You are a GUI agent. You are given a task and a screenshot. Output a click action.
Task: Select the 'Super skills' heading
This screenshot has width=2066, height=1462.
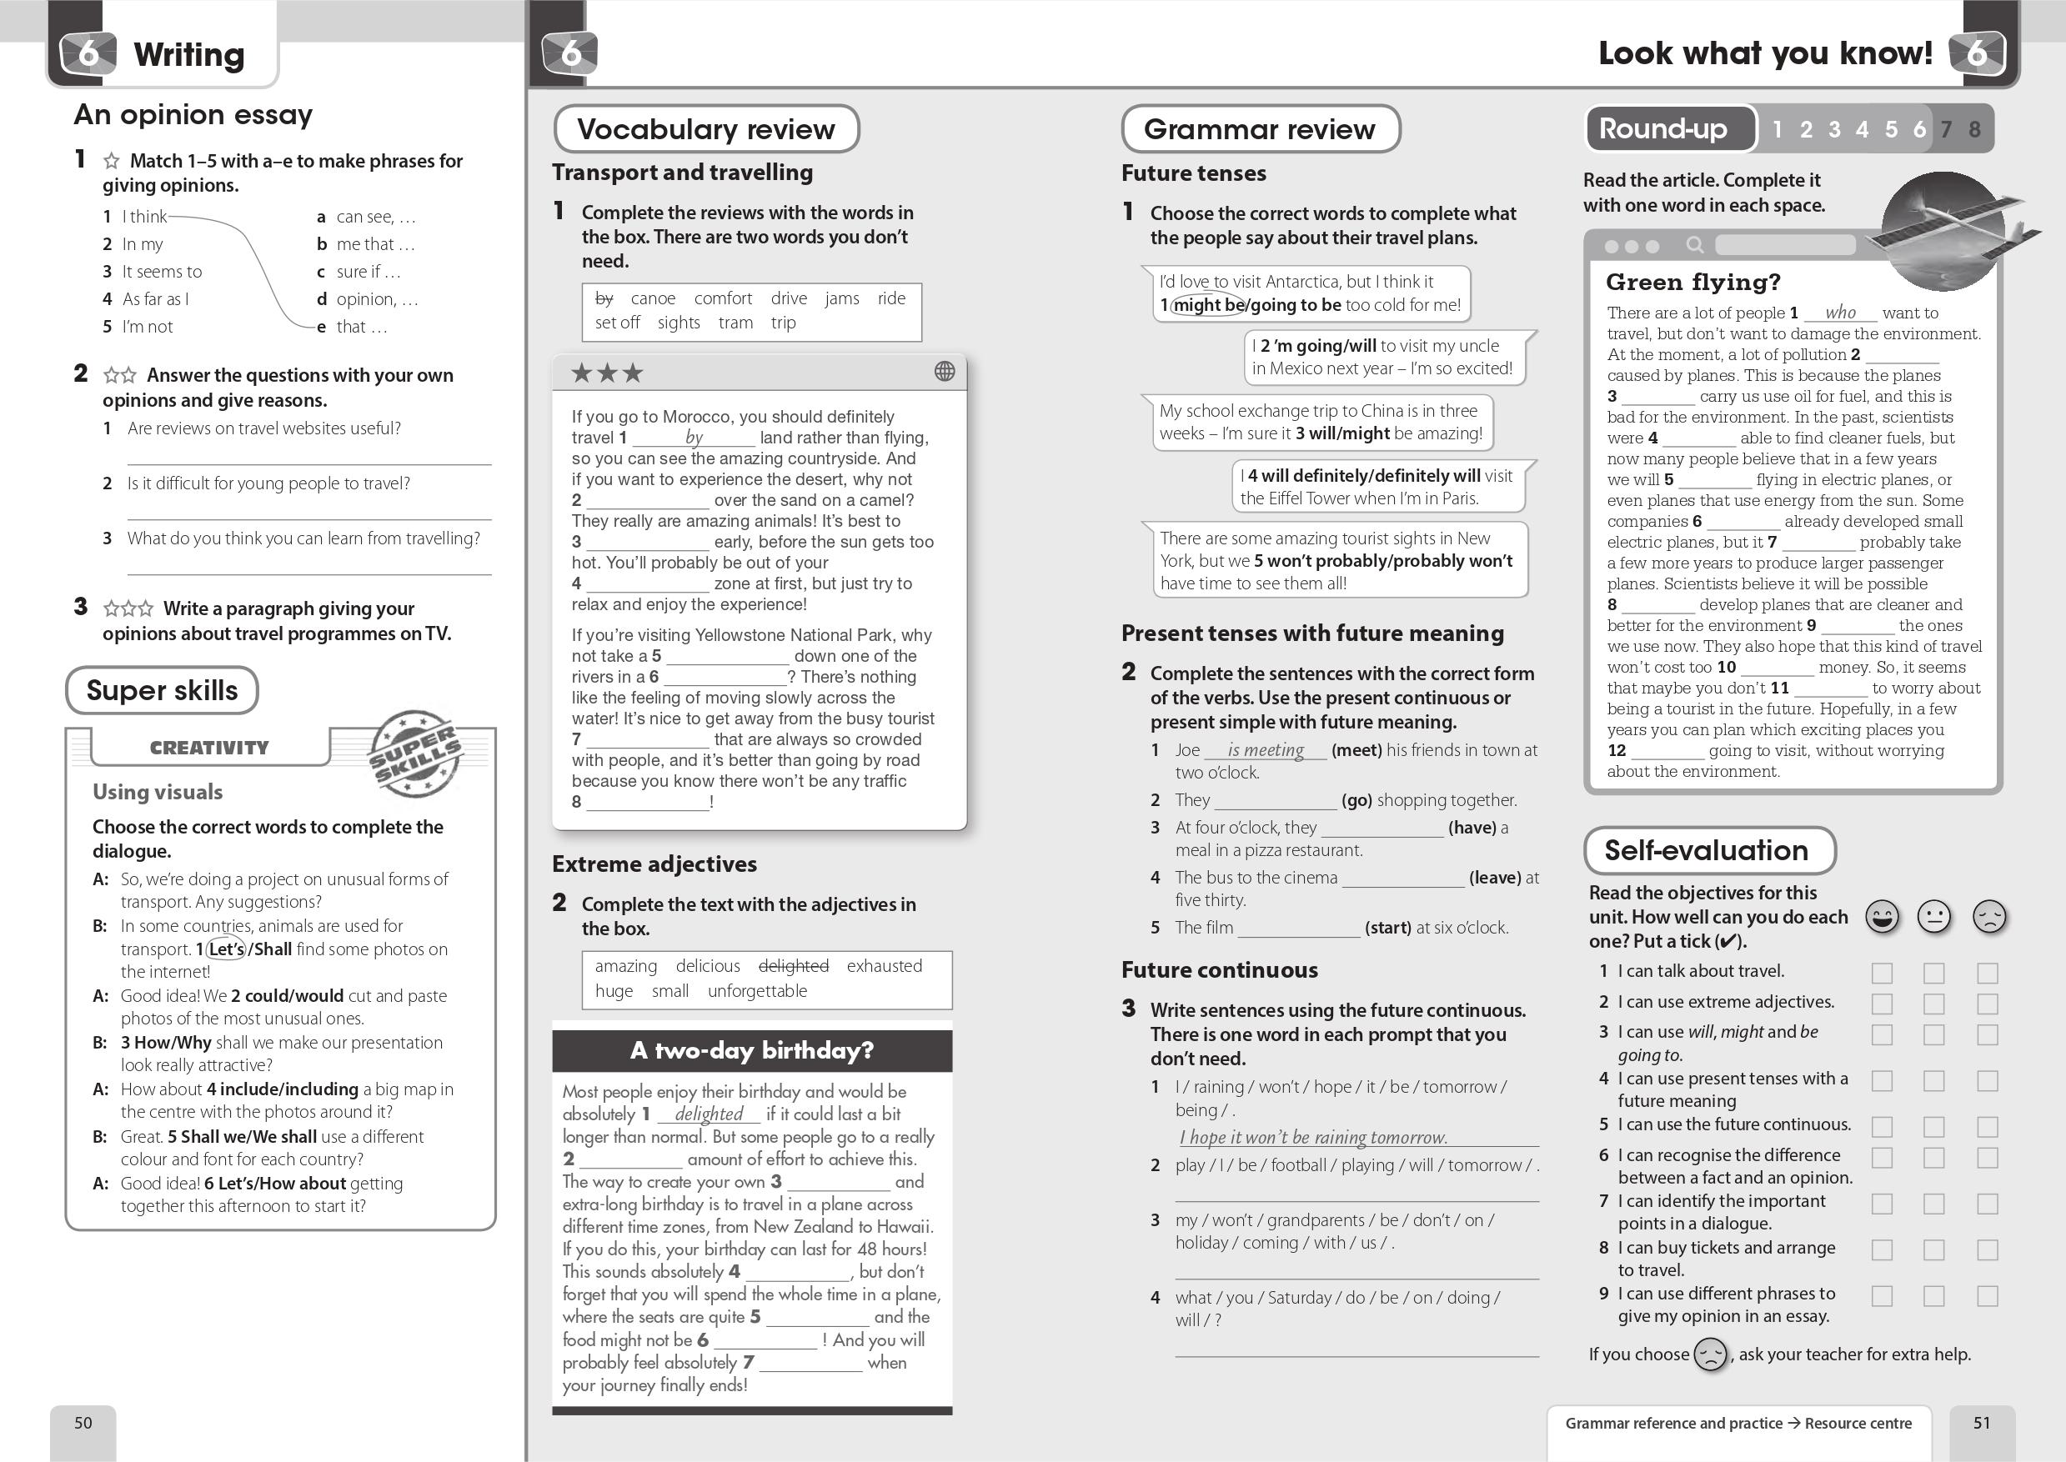tap(162, 690)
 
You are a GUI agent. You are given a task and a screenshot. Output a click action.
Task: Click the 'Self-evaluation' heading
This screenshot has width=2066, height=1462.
tap(1707, 850)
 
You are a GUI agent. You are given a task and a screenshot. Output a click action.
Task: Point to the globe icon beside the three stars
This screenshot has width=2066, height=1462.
tap(945, 371)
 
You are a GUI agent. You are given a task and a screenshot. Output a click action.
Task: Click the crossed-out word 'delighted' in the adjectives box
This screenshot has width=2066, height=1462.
tap(793, 966)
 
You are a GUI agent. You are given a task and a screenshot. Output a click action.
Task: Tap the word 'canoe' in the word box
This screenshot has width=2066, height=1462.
tap(653, 298)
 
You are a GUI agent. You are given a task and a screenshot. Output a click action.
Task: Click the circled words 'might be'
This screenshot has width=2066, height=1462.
tap(1208, 305)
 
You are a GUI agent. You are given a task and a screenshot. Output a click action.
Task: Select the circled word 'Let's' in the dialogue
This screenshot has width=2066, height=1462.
tap(226, 949)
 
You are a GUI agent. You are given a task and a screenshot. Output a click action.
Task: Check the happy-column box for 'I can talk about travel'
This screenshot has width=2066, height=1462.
tap(1882, 972)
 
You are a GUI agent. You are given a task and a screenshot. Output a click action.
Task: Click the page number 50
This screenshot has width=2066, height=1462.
tap(83, 1422)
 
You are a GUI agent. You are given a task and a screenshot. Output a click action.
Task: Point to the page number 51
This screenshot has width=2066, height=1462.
tap(1982, 1422)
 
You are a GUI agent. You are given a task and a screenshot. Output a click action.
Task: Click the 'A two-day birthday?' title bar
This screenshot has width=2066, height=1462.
tap(752, 1050)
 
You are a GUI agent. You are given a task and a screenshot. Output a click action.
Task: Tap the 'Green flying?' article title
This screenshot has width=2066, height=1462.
tap(1693, 283)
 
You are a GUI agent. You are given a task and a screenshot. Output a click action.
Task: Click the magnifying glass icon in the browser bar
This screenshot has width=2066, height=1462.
tap(1694, 245)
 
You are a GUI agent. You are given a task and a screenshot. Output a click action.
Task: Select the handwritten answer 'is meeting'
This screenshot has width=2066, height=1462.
tap(1266, 750)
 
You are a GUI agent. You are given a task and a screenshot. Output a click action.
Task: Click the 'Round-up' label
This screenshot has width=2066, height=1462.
tap(1662, 128)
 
